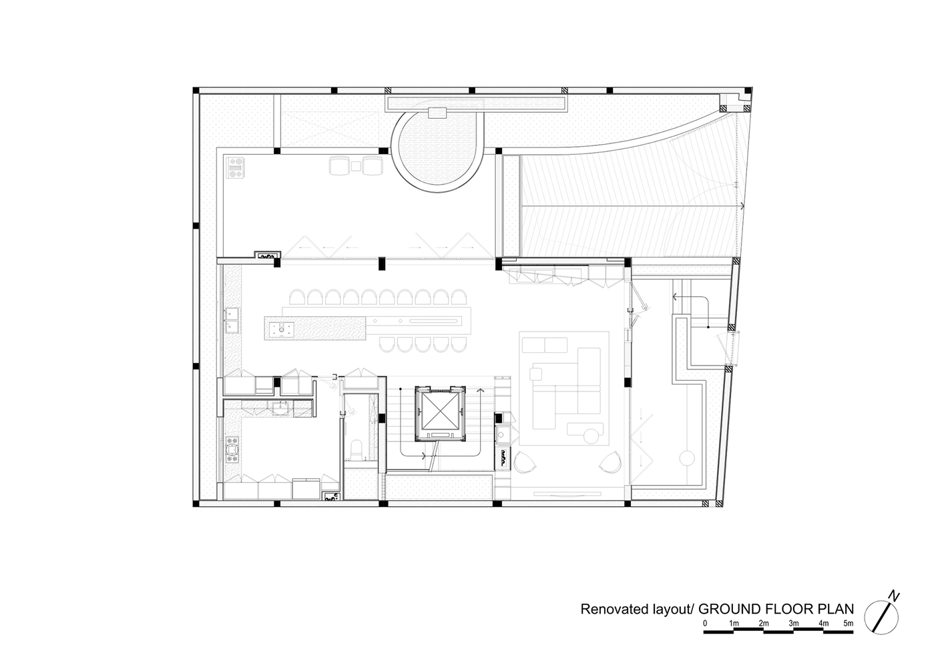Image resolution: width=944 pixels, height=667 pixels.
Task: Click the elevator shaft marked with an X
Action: click(x=440, y=414)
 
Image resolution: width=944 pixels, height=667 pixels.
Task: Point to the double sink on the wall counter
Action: click(x=232, y=320)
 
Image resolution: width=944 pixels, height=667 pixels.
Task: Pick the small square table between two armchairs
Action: click(x=356, y=166)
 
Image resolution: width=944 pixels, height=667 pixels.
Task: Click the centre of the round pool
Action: click(x=437, y=151)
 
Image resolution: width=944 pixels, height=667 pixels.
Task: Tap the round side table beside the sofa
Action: click(x=592, y=436)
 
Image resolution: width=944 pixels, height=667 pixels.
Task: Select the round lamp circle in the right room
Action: click(x=686, y=458)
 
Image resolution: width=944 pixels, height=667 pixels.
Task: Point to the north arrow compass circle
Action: click(x=881, y=617)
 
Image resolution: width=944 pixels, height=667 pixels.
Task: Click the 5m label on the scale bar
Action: click(x=848, y=623)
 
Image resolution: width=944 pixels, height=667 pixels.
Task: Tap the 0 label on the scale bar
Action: click(x=705, y=623)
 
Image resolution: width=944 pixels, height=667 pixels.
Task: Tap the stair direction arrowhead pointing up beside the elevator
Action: click(x=481, y=390)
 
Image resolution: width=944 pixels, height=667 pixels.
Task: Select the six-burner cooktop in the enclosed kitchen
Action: click(x=232, y=450)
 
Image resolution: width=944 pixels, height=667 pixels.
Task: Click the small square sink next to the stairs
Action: click(x=502, y=434)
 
